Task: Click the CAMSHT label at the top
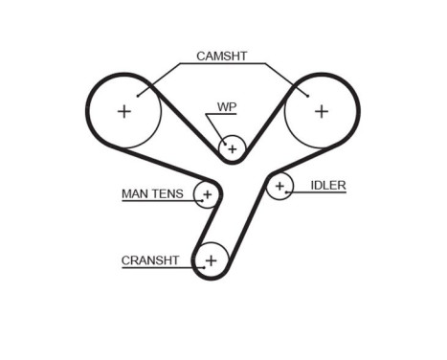(x=221, y=56)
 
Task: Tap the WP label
(x=226, y=106)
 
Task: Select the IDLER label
(x=327, y=185)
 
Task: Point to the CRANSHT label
(x=150, y=259)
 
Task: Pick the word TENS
(x=169, y=194)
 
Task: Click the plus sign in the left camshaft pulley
(x=123, y=111)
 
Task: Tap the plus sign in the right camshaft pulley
(x=322, y=111)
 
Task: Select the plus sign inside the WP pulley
(x=232, y=148)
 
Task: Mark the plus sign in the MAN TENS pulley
(x=207, y=194)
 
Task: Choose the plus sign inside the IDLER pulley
(x=279, y=186)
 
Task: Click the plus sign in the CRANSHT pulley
(x=212, y=259)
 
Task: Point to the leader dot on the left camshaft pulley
(x=140, y=94)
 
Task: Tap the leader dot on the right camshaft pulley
(x=305, y=94)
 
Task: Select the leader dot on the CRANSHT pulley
(x=198, y=259)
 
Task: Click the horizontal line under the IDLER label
(x=321, y=193)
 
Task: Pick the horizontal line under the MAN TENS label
(x=158, y=202)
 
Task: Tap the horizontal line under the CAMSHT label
(x=221, y=63)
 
